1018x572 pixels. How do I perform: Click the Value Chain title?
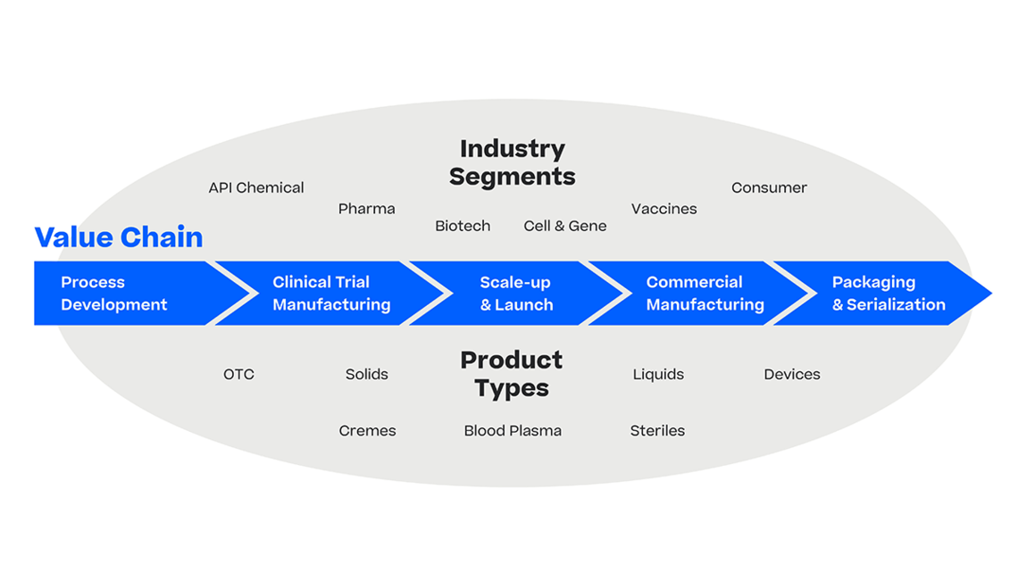119,237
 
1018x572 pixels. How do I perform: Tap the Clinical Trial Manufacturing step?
331,293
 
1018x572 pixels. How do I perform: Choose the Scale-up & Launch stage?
517,293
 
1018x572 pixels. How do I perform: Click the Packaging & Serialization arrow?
883,293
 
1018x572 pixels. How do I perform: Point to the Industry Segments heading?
513,162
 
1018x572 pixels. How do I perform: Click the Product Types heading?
512,374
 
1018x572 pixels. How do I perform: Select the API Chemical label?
255,188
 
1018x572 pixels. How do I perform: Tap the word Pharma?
367,209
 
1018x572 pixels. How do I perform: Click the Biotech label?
463,226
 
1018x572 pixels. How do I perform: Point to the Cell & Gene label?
565,226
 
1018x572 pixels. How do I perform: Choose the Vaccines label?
664,209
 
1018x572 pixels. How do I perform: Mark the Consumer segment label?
770,188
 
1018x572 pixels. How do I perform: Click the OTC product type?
239,375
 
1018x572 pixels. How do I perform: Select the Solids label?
367,375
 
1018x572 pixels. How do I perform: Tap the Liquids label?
658,375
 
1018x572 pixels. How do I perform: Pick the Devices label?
792,375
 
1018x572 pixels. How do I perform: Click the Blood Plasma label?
513,431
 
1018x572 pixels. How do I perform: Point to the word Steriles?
657,431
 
